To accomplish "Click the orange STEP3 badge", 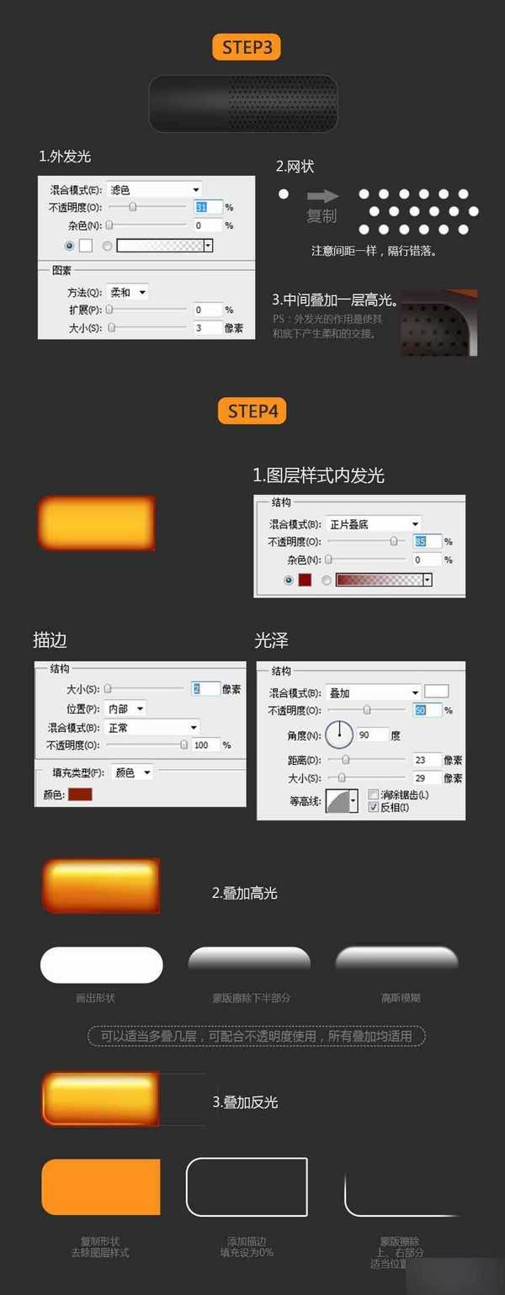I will pyautogui.click(x=247, y=47).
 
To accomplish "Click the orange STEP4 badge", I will pyautogui.click(x=252, y=411).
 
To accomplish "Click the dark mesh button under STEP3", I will pyautogui.click(x=243, y=103).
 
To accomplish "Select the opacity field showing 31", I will pyautogui.click(x=208, y=207).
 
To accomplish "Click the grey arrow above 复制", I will pyautogui.click(x=322, y=196).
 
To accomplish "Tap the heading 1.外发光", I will pyautogui.click(x=65, y=157).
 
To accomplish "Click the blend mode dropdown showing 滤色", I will pyautogui.click(x=155, y=190).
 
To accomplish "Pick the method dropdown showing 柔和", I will pyautogui.click(x=129, y=292).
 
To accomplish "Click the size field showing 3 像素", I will pyautogui.click(x=207, y=327).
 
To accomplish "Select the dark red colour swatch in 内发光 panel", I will pyautogui.click(x=305, y=579).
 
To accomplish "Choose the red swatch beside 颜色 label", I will pyautogui.click(x=80, y=793).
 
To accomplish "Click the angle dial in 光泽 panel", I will pyautogui.click(x=339, y=735).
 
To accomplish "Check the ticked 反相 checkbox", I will pyautogui.click(x=374, y=807).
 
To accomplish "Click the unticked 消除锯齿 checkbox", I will pyautogui.click(x=374, y=794).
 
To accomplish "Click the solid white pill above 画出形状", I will pyautogui.click(x=101, y=964).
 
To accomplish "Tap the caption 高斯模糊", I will pyautogui.click(x=401, y=998).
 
